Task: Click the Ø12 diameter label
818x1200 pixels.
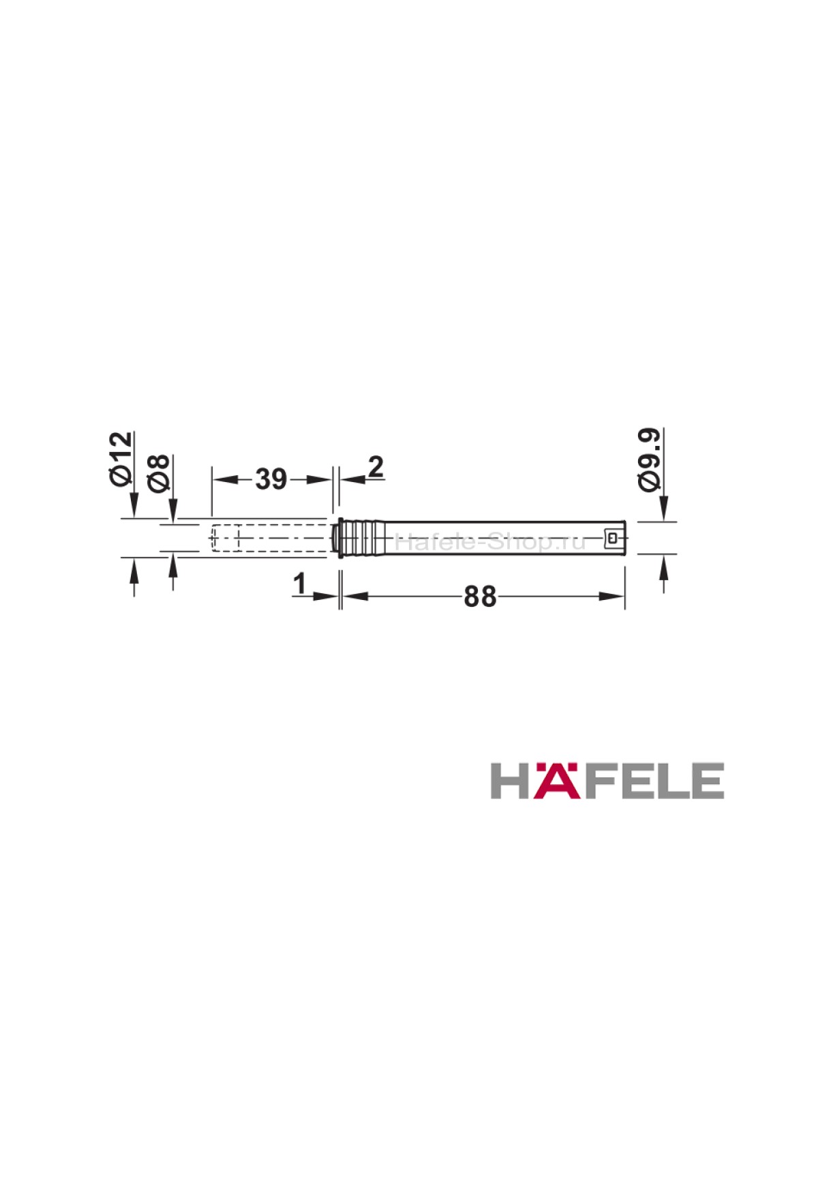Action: pyautogui.click(x=120, y=457)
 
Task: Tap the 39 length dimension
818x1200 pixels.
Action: pyautogui.click(x=271, y=479)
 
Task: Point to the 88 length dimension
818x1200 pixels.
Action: pyautogui.click(x=480, y=597)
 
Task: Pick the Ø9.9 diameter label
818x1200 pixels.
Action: pyautogui.click(x=650, y=457)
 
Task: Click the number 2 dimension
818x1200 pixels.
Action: pyautogui.click(x=376, y=468)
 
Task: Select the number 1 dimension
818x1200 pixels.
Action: pyautogui.click(x=298, y=584)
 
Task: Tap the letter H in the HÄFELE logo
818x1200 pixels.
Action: pyautogui.click(x=511, y=781)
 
